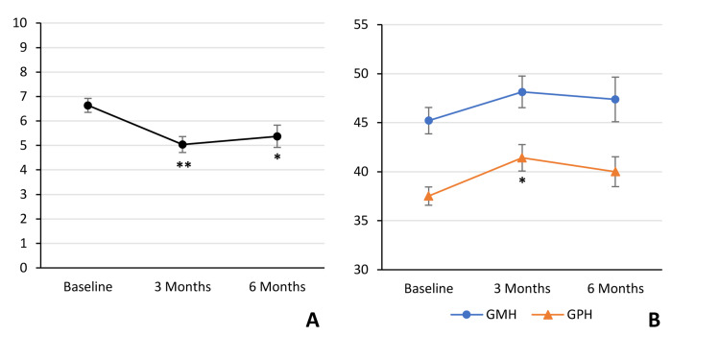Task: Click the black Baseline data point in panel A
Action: pyautogui.click(x=88, y=105)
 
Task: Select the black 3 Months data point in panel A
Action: pyautogui.click(x=183, y=145)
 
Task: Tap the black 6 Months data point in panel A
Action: pyautogui.click(x=277, y=136)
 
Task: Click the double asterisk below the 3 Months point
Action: pyautogui.click(x=183, y=166)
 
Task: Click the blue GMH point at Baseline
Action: pyautogui.click(x=428, y=121)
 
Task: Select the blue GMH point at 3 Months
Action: pyautogui.click(x=522, y=92)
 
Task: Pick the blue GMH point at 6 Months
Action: pyautogui.click(x=615, y=99)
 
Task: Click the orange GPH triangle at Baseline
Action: pyautogui.click(x=428, y=196)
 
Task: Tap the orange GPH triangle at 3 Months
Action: pyautogui.click(x=522, y=157)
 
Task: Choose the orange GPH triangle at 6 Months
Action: pyautogui.click(x=615, y=172)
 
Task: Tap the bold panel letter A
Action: pyautogui.click(x=312, y=322)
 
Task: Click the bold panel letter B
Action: pyautogui.click(x=654, y=322)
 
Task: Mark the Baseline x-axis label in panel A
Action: pyautogui.click(x=88, y=287)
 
